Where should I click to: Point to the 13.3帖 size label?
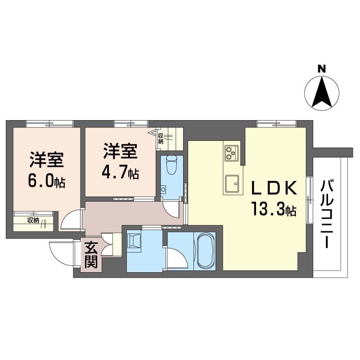point(274,209)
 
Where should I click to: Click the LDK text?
point(274,188)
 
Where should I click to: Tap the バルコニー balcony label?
point(327,214)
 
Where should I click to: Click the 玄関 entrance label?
point(91,255)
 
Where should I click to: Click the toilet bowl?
point(171,165)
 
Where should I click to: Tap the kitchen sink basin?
point(232,184)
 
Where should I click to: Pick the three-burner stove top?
point(232,153)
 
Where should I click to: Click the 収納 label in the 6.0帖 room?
point(33,220)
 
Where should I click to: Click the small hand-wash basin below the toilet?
point(163,189)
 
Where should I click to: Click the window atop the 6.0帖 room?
point(49,124)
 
